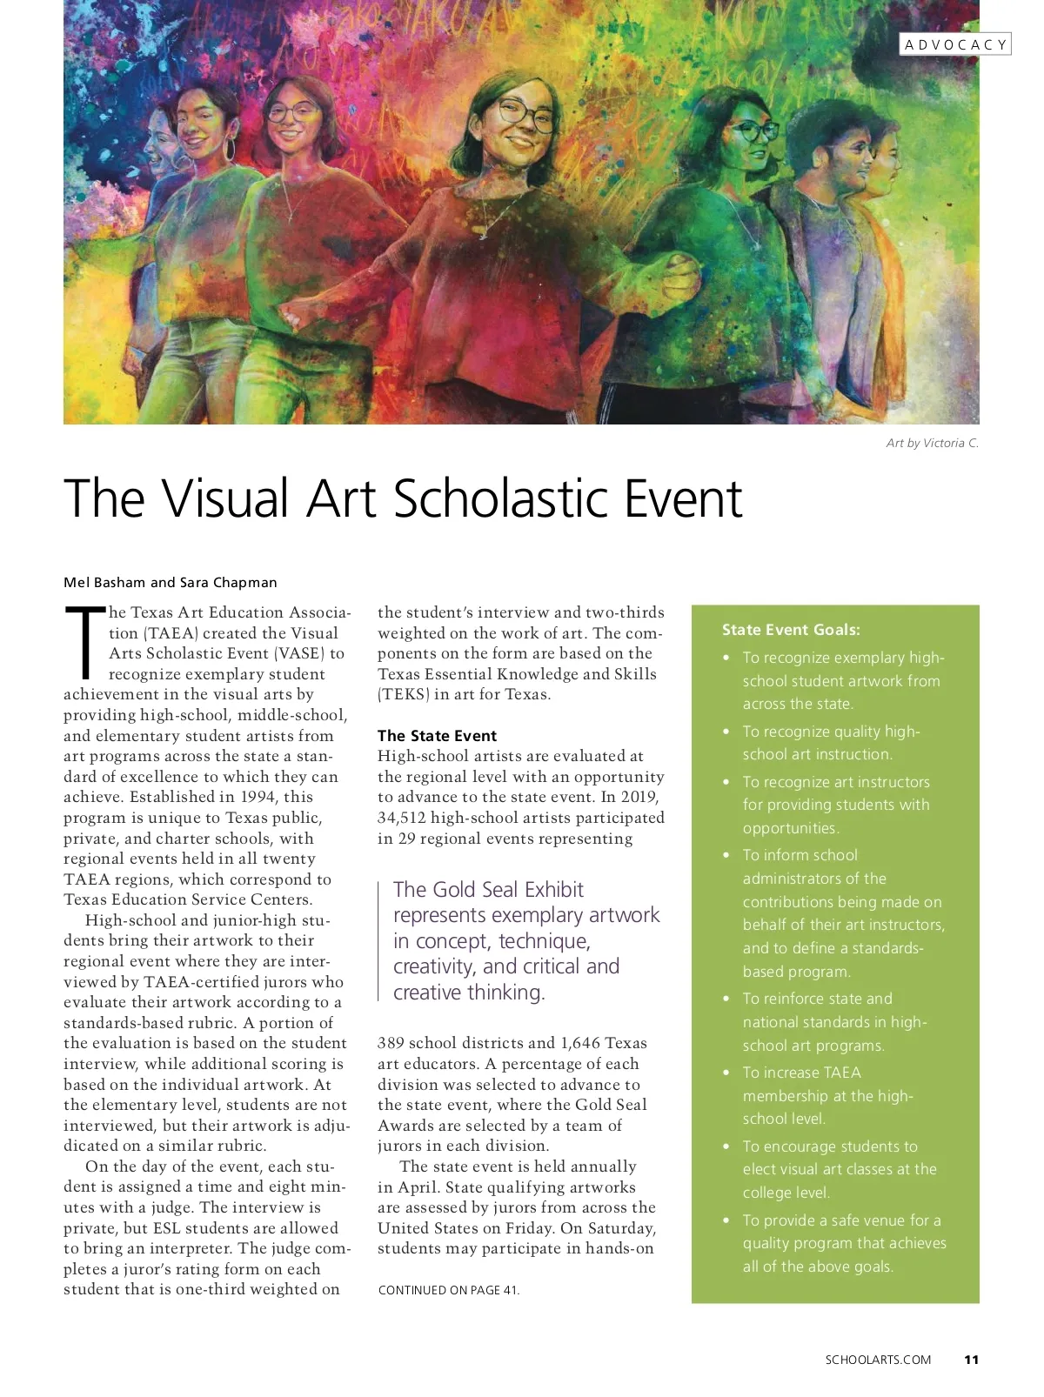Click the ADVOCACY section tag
955,44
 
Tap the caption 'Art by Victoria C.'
932,443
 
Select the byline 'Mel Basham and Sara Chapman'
171,583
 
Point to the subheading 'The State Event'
437,736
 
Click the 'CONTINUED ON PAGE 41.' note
449,1290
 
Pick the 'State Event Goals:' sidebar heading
791,630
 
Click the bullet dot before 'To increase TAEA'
726,1073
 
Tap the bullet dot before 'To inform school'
726,856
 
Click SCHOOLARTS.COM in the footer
878,1360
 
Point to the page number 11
972,1360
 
